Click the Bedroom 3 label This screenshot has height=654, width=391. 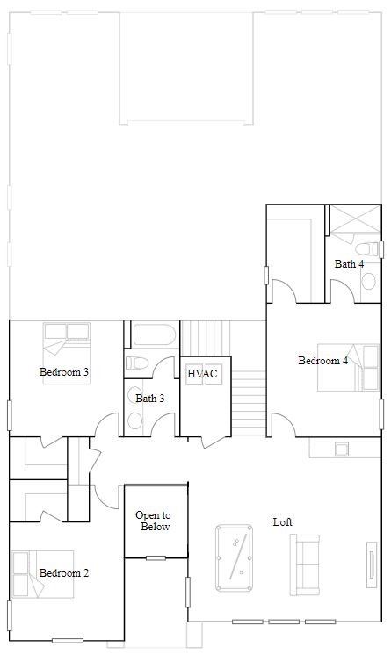tap(64, 372)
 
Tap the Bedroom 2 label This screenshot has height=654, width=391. tap(64, 573)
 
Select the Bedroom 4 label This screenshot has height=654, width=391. tap(322, 361)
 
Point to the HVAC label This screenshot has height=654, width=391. tap(202, 374)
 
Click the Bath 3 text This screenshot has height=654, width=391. tap(150, 399)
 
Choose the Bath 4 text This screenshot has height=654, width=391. tap(349, 263)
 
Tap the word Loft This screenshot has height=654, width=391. tap(282, 521)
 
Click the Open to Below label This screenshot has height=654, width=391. tap(153, 521)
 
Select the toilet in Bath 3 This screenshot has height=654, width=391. tap(137, 363)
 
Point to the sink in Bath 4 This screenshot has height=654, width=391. tap(369, 281)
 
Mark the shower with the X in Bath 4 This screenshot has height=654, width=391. tap(353, 219)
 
